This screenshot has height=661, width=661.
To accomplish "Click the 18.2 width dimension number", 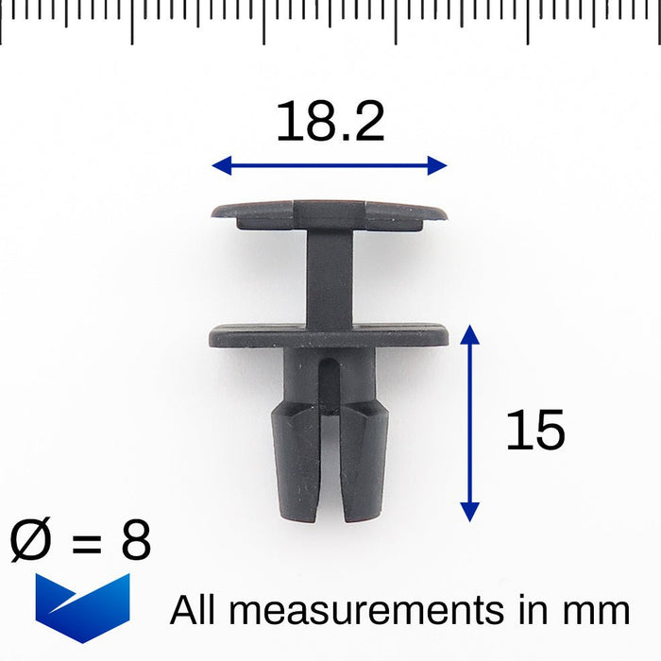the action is [330, 122].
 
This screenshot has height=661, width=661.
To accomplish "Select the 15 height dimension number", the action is [535, 430].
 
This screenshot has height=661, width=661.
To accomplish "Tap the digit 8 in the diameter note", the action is [136, 539].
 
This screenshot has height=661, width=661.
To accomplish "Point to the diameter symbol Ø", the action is [30, 539].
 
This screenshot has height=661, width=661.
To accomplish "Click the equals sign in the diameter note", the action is [87, 542].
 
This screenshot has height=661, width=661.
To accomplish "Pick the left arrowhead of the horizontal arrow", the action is [222, 165].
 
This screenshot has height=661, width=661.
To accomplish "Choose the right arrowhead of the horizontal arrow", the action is [437, 165].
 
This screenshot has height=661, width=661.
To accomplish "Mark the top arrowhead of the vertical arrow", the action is [469, 334].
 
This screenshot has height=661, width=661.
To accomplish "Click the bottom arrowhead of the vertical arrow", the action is [469, 512].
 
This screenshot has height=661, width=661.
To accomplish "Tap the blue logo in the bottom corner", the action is [83, 608].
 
